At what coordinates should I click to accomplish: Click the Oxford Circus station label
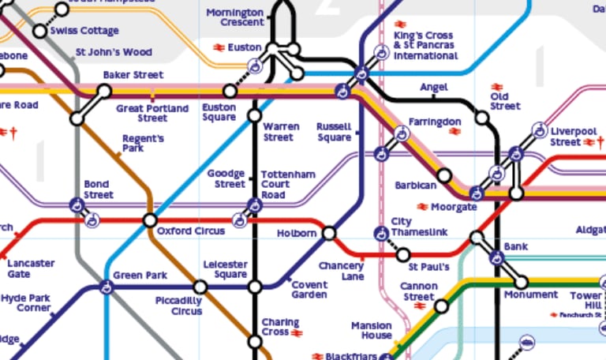point(190,231)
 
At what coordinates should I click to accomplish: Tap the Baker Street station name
point(133,75)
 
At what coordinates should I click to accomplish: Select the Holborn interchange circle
point(329,233)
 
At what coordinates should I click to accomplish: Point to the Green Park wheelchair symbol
point(106,287)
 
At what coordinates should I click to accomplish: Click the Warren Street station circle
point(254,116)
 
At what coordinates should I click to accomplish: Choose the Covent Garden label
point(309,290)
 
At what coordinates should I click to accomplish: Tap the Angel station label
point(433,86)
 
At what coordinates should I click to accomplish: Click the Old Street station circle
point(482,118)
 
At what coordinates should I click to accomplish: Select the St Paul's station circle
point(403,255)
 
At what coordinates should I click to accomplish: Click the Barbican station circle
point(444,175)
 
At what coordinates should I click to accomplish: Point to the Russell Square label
point(333,132)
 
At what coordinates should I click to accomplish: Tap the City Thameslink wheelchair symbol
point(380,234)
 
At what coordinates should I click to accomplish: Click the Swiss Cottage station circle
point(40,32)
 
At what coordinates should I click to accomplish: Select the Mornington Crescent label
point(234,17)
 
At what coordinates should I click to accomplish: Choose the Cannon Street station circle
point(441,306)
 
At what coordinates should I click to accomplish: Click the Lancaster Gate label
point(32,268)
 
